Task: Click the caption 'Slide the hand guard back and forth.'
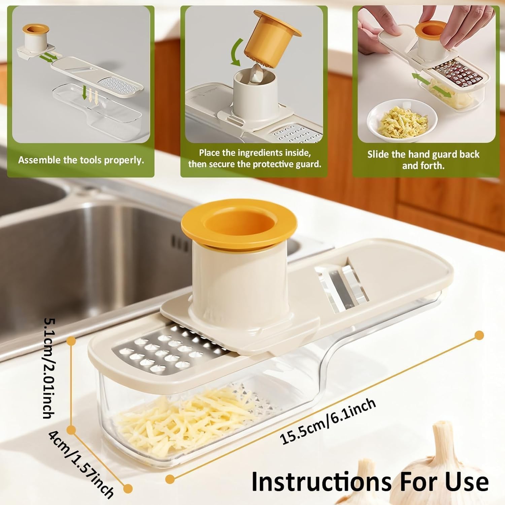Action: point(423,160)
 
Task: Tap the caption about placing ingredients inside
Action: point(255,158)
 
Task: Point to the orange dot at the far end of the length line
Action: point(479,335)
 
